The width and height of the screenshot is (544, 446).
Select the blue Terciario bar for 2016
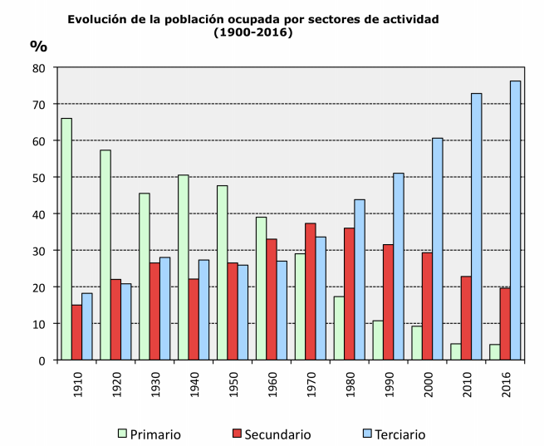515,220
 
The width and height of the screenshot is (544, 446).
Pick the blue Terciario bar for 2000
438,248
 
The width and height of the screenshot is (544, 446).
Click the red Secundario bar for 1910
76,332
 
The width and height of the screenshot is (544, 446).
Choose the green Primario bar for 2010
456,351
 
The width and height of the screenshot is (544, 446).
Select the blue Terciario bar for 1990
399,266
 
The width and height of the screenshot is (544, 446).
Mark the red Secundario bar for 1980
349,294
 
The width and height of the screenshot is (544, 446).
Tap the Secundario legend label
278,434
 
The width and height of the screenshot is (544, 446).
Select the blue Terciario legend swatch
366,434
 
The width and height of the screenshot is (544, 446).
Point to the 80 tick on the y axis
38,68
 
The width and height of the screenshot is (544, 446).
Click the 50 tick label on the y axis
38,178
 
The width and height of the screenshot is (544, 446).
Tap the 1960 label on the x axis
272,383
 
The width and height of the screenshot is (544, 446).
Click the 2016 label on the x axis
505,383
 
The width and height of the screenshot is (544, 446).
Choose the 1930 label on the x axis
154,383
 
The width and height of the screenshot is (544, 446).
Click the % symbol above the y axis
38,45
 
